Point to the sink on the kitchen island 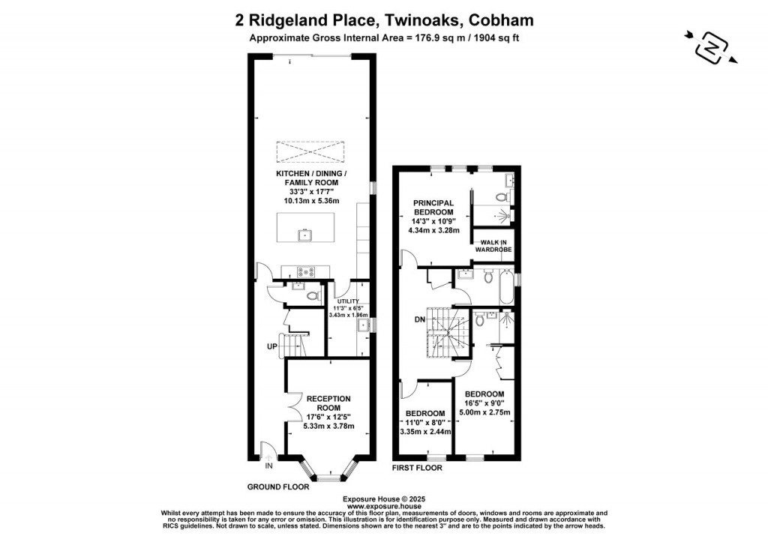(306, 236)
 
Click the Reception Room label (328, 403)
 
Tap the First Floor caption (417, 468)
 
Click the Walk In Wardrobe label (493, 245)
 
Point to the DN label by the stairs (420, 319)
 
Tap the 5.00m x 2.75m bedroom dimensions (484, 412)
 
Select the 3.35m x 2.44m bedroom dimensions (424, 432)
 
